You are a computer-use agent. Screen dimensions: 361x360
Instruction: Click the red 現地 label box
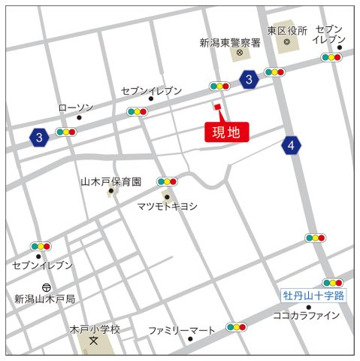coord(226,132)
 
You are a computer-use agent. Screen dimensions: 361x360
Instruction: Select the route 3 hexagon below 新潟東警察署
coord(249,79)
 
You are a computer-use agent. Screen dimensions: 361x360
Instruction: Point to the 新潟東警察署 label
coord(229,42)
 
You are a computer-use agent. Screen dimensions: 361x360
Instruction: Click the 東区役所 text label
coord(287,31)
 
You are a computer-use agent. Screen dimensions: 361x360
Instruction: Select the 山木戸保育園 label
coord(111,181)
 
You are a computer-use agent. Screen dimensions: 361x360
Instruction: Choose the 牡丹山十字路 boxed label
coord(313,296)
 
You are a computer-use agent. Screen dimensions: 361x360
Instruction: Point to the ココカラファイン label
coord(306,315)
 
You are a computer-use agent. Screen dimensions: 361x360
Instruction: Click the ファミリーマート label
coord(181,329)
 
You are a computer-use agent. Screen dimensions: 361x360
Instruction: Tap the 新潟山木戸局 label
coord(45,299)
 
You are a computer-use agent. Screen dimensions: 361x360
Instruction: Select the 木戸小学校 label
coord(95,329)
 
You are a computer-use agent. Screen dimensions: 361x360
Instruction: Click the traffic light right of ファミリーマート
coord(237,328)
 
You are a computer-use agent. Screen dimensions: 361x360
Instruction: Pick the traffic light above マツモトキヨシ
coord(167,181)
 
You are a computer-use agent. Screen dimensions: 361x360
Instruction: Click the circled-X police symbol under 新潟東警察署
coord(239,54)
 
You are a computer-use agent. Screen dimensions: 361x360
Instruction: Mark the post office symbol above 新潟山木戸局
coord(47,287)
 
